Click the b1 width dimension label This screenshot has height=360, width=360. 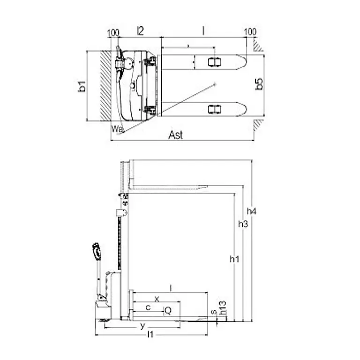82,86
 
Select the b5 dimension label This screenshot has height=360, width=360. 259,84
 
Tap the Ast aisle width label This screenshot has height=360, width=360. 176,135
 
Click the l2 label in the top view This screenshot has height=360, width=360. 140,31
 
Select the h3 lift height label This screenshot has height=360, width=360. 242,224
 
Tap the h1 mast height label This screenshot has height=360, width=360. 233,258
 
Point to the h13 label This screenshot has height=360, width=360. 224,307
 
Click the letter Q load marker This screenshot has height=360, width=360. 167,310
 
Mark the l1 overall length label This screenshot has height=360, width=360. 150,335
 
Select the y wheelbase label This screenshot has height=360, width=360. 142,325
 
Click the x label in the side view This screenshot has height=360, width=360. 157,298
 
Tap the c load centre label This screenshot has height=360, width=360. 148,307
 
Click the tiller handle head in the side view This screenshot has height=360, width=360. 97,251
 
